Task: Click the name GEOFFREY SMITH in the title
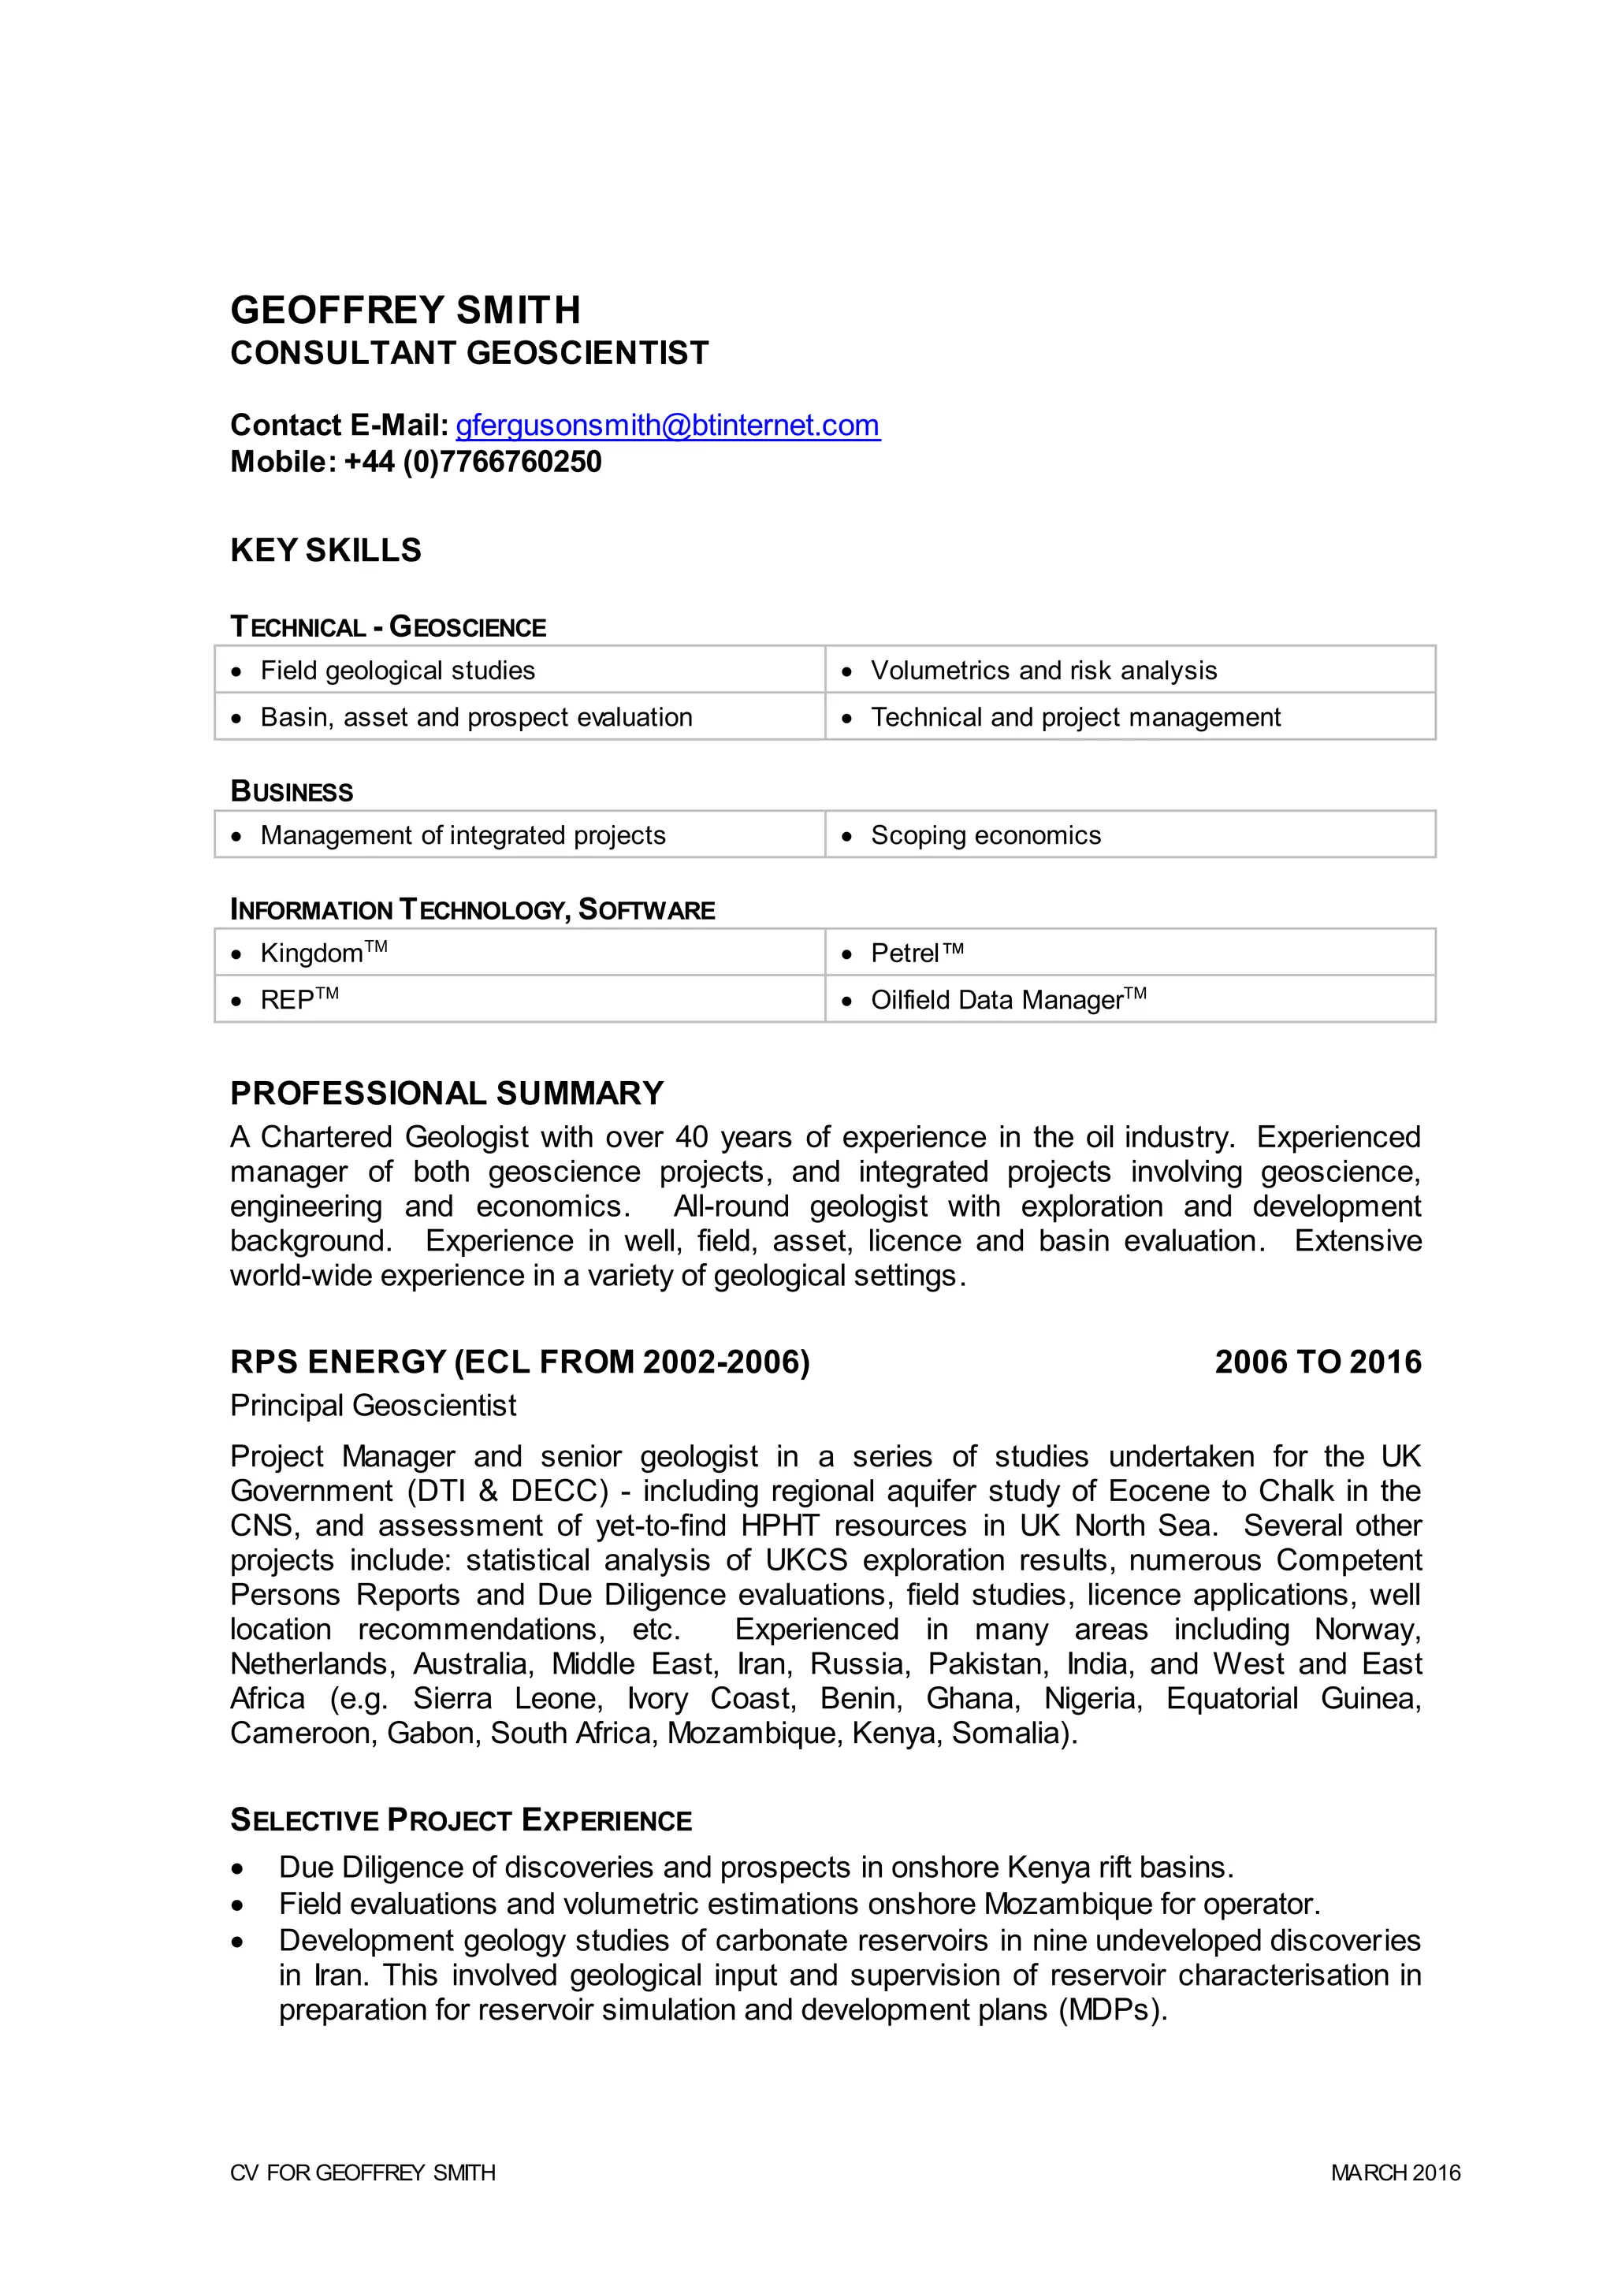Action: click(406, 310)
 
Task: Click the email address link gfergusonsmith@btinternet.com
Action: click(667, 426)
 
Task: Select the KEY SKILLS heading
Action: click(326, 551)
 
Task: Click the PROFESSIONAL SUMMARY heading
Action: click(446, 1093)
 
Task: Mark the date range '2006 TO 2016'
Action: click(1318, 1362)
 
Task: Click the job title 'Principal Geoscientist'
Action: click(373, 1406)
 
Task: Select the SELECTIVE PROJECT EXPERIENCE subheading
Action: click(461, 1821)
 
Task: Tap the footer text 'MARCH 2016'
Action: click(1396, 2172)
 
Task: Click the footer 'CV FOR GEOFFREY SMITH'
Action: click(363, 2172)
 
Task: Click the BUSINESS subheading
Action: click(291, 792)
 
